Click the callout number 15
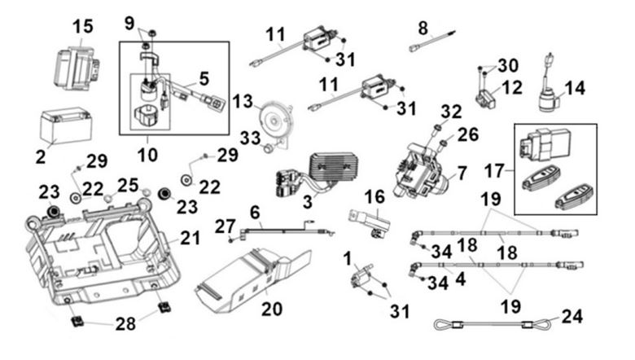click(82, 26)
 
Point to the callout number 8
click(422, 29)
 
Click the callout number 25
click(124, 186)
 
